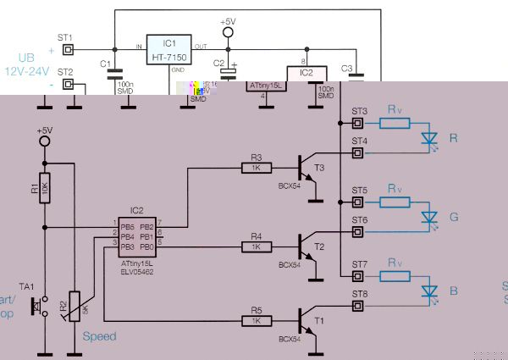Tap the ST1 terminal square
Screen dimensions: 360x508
68,48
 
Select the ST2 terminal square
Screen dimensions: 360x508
68,84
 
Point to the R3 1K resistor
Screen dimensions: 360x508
256,167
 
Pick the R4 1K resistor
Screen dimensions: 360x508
256,246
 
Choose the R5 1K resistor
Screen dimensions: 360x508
256,320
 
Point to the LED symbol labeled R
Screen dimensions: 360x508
428,137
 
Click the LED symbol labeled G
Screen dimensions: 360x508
428,217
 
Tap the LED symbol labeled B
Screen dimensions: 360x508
428,291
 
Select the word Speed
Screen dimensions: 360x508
99,335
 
